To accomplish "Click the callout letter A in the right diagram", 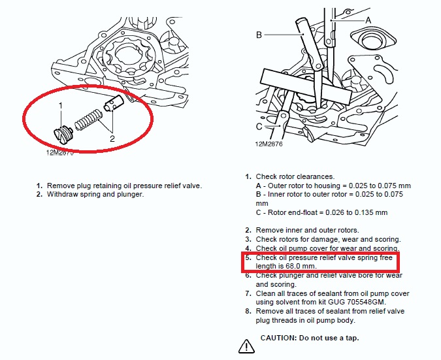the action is click(368, 20).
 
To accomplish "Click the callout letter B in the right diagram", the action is click(259, 35).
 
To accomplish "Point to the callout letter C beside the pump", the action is click(259, 127).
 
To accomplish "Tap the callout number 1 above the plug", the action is click(61, 106).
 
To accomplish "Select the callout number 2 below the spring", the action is click(112, 139).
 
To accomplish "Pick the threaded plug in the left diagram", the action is click(63, 135).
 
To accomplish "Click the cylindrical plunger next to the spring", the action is click(114, 103).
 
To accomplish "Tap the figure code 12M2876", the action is click(269, 144).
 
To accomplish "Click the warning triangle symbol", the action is click(246, 346).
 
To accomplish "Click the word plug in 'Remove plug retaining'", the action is click(84, 186).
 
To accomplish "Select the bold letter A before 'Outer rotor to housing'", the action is click(259, 186).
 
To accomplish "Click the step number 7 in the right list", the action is click(248, 293).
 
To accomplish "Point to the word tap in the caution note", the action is click(352, 338).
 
